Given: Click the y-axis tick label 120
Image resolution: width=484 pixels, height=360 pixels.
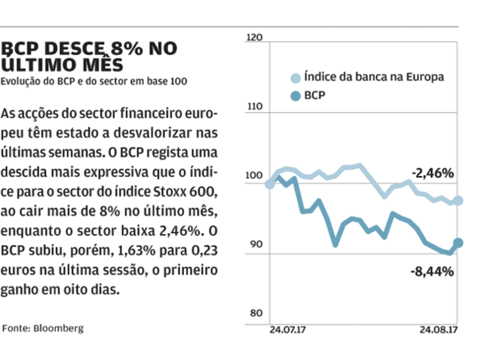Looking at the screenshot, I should coord(255,39).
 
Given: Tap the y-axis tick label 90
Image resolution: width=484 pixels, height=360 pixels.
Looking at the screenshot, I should coord(256,244).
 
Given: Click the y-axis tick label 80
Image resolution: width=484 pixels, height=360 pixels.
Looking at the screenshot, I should coord(256,313).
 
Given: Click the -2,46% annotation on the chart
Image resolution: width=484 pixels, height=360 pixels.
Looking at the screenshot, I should coord(432,173).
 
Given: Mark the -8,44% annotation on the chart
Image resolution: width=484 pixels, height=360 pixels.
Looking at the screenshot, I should coord(432,271).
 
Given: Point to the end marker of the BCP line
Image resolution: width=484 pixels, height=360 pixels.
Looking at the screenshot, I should coord(458,243).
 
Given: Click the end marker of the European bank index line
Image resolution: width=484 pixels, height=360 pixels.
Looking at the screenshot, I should coord(458,201).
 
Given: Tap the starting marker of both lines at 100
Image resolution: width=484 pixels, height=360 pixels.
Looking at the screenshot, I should coord(270,184).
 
